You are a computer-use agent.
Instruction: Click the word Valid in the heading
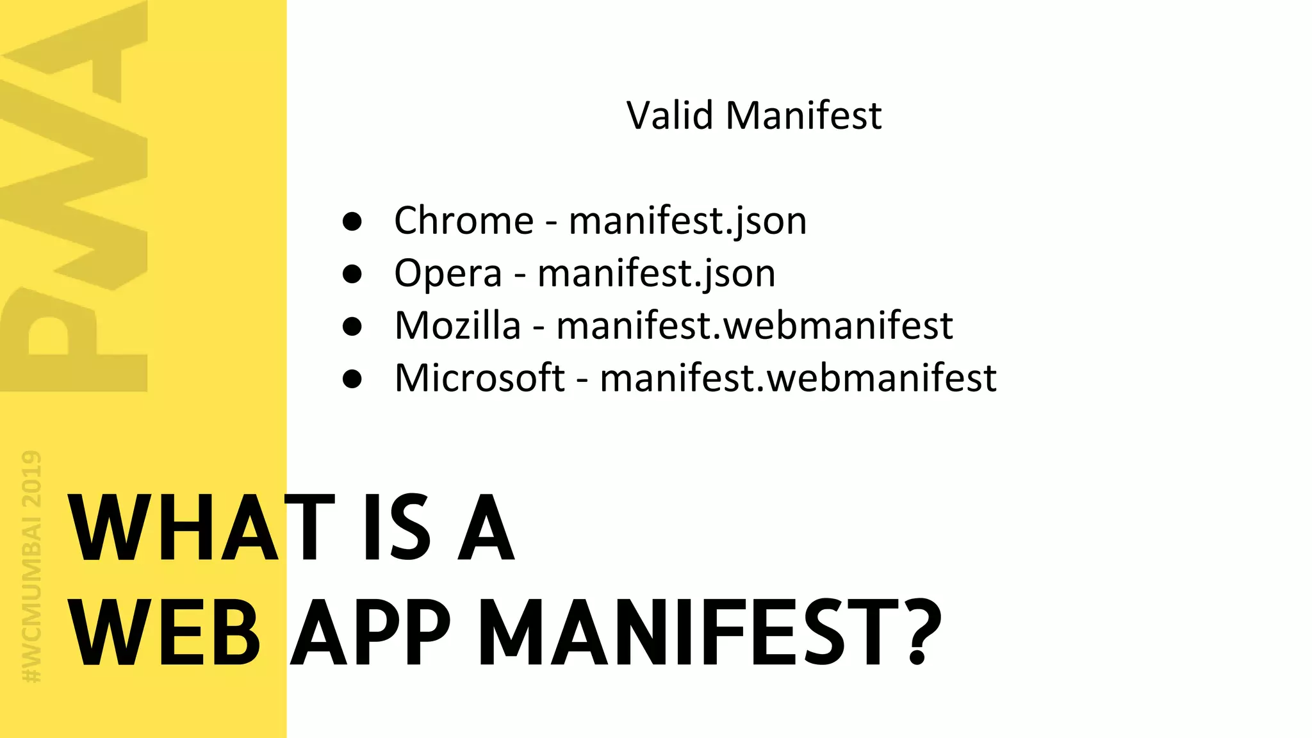669,115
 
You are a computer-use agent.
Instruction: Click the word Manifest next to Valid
803,115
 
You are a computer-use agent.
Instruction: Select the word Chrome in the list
464,221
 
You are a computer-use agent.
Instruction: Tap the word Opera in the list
448,274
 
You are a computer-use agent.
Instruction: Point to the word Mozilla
457,325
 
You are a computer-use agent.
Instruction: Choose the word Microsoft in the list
480,378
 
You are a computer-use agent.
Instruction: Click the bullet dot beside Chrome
352,222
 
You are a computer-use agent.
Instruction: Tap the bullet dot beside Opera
352,274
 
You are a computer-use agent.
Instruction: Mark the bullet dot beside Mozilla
352,327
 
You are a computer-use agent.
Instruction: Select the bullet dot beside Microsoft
352,379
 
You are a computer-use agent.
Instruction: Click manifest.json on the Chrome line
687,222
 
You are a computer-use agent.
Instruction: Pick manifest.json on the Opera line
656,274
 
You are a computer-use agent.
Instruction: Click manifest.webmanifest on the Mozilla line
754,325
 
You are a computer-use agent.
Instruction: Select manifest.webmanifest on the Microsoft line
798,378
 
